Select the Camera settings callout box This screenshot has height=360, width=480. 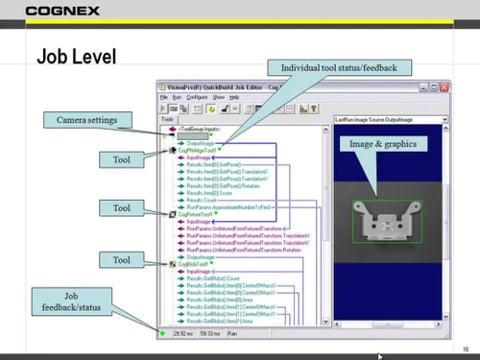pyautogui.click(x=84, y=119)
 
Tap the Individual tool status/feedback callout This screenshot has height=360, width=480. pyautogui.click(x=345, y=68)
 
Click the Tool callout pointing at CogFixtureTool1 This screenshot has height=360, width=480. pyautogui.click(x=121, y=207)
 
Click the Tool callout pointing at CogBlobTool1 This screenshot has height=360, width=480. pyautogui.click(x=121, y=259)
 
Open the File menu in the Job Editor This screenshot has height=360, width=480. pyautogui.click(x=163, y=97)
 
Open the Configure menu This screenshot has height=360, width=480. pyautogui.click(x=197, y=97)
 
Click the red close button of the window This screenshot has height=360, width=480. pyautogui.click(x=441, y=86)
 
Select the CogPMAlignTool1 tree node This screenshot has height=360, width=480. pyautogui.click(x=196, y=151)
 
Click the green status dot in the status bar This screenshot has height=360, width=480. pyautogui.click(x=165, y=332)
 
